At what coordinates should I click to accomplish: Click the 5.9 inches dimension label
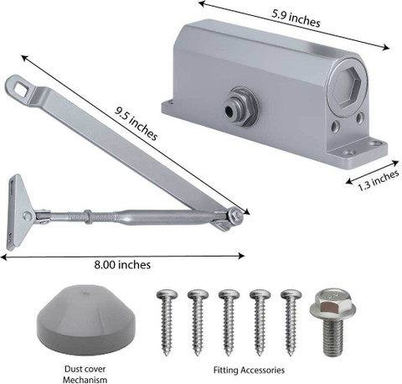[x=296, y=18]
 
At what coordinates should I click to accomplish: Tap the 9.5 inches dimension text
[x=137, y=123]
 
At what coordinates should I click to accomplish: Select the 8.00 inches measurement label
[x=122, y=265]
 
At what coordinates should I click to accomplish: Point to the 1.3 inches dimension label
[x=379, y=180]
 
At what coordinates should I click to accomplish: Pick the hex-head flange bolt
[x=332, y=323]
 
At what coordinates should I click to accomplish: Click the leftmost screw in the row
[x=167, y=322]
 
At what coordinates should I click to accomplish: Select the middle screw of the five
[x=229, y=322]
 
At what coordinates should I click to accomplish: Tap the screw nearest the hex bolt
[x=291, y=322]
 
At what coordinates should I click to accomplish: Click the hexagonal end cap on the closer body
[x=348, y=85]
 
